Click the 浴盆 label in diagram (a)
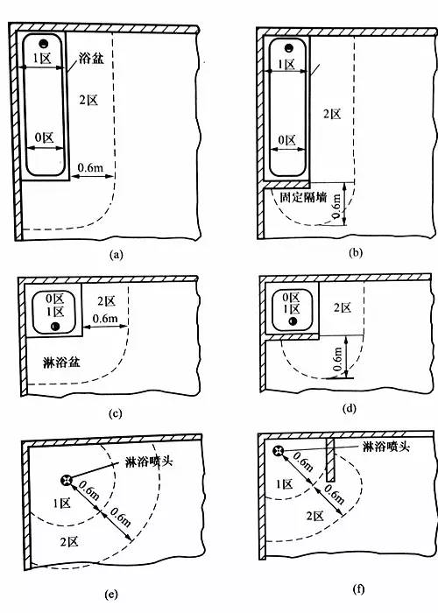[x=91, y=59]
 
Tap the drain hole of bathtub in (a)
[x=44, y=43]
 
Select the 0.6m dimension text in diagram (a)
[x=91, y=167]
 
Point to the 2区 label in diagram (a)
[x=88, y=101]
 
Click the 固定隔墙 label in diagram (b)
[x=303, y=197]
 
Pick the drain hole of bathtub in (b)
[x=288, y=47]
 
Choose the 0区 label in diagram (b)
[x=287, y=140]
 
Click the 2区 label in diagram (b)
[x=332, y=114]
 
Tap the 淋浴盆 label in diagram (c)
[x=61, y=363]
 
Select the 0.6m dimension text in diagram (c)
[x=105, y=318]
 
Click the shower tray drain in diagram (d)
[x=293, y=321]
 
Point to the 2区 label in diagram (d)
[x=343, y=307]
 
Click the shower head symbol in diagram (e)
[x=67, y=480]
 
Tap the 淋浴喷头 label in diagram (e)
[x=149, y=462]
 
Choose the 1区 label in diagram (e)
[x=62, y=503]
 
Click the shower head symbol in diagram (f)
[x=278, y=451]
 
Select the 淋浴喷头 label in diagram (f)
[x=386, y=446]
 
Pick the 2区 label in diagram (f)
[x=315, y=516]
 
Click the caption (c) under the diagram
[x=115, y=413]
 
